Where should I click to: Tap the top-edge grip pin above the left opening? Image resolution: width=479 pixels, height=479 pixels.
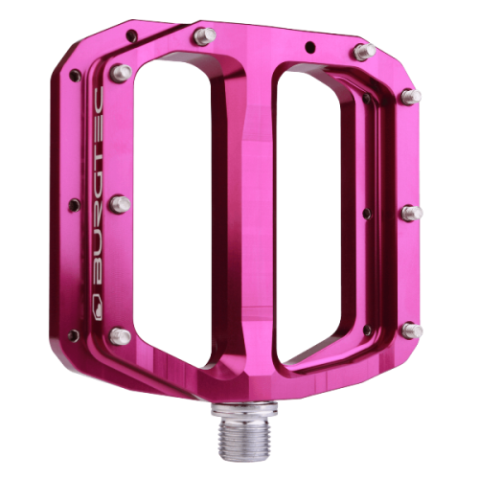tap(201, 36)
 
